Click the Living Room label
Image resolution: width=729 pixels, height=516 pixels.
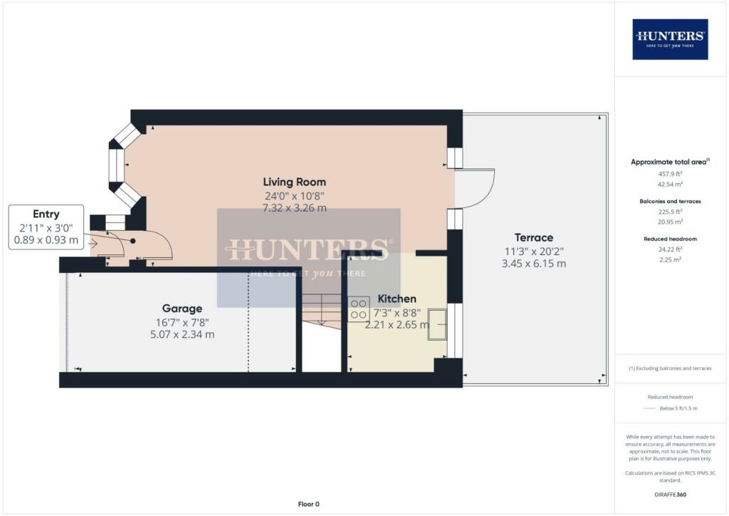pyautogui.click(x=294, y=182)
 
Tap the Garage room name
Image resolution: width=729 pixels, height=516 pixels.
pyautogui.click(x=182, y=309)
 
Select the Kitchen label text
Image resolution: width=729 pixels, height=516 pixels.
pyautogui.click(x=397, y=299)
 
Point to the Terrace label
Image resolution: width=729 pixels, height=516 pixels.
pyautogui.click(x=534, y=237)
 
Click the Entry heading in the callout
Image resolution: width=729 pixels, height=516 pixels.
pyautogui.click(x=46, y=214)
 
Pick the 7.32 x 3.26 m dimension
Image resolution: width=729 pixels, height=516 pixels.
pyautogui.click(x=294, y=207)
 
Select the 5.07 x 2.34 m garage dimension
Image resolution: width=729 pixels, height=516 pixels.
pyautogui.click(x=182, y=334)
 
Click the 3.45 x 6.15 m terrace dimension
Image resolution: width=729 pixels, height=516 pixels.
pyautogui.click(x=534, y=263)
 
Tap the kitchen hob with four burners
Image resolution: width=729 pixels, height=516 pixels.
pyautogui.click(x=359, y=309)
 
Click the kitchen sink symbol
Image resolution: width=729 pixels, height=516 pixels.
pyautogui.click(x=437, y=324)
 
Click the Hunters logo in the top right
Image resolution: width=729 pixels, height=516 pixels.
pyautogui.click(x=669, y=38)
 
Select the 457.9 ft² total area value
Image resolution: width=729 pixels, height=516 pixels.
pyautogui.click(x=669, y=173)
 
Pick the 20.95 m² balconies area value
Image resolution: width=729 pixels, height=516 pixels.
pyautogui.click(x=669, y=222)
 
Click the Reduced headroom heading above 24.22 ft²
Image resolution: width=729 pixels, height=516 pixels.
pyautogui.click(x=669, y=239)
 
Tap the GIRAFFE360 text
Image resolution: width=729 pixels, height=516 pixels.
pyautogui.click(x=669, y=494)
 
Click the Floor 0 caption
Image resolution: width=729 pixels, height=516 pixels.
pyautogui.click(x=308, y=504)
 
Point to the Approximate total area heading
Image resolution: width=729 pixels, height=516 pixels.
pyautogui.click(x=669, y=162)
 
